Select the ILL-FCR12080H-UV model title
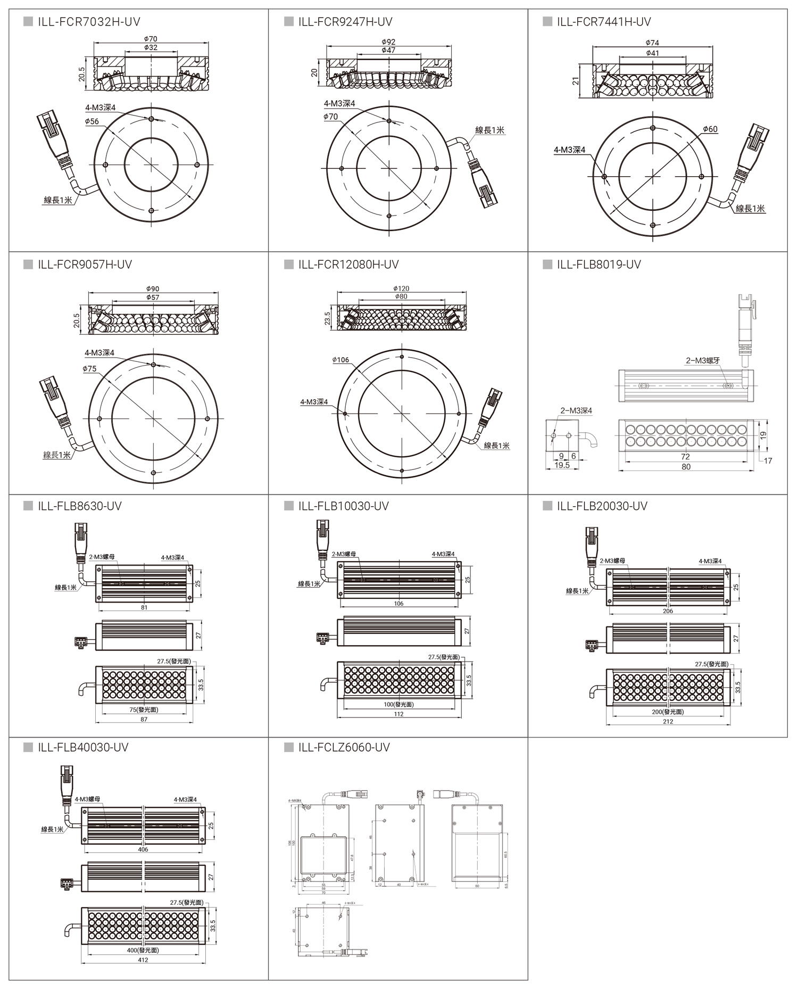coord(348,265)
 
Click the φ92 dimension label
coord(388,42)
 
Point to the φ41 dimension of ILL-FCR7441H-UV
coord(652,53)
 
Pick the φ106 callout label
coord(340,360)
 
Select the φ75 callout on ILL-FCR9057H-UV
coord(89,368)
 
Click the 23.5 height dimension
coord(328,318)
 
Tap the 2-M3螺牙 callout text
coord(703,360)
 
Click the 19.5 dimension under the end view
coord(562,465)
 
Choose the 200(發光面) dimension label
coord(668,712)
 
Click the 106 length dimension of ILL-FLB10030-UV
coord(398,604)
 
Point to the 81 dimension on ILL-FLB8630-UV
coord(144,607)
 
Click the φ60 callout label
coord(710,129)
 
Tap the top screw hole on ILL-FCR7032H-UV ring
coord(152,119)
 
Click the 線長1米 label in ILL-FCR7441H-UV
coord(750,209)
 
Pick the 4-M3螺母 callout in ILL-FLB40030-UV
coord(87,799)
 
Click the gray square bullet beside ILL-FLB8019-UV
coord(547,265)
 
